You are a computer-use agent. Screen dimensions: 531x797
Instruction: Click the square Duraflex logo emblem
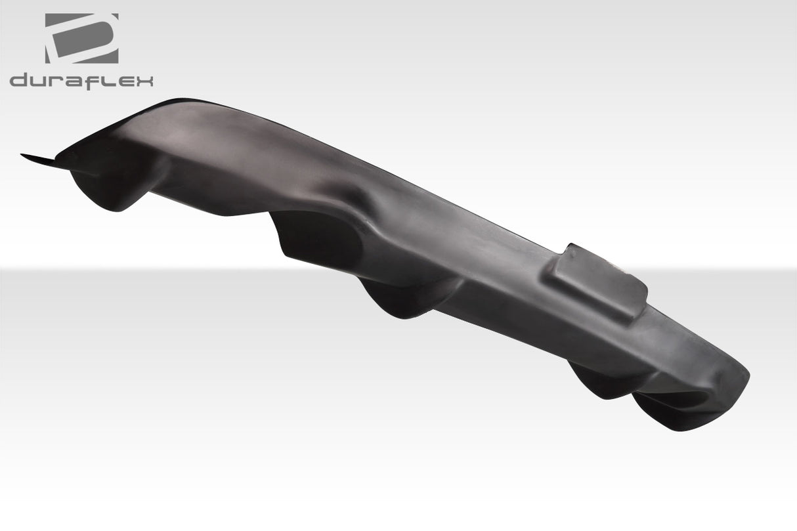[81, 39]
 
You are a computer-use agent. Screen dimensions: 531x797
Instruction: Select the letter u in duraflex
[39, 82]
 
